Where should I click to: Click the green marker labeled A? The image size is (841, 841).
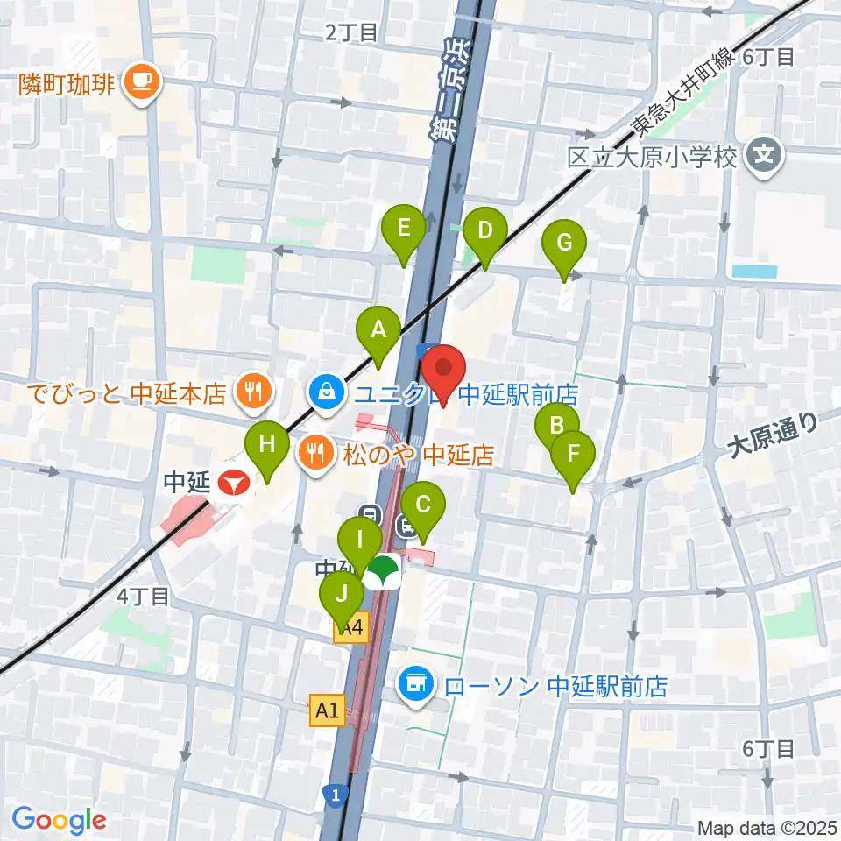pyautogui.click(x=378, y=331)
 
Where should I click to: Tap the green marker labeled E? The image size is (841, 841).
pyautogui.click(x=404, y=230)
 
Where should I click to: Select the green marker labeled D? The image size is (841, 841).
pyautogui.click(x=484, y=233)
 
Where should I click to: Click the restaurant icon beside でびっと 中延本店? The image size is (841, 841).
pyautogui.click(x=254, y=391)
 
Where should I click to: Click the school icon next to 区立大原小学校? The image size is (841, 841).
pyautogui.click(x=764, y=158)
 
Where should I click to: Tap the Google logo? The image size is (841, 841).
pyautogui.click(x=59, y=819)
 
